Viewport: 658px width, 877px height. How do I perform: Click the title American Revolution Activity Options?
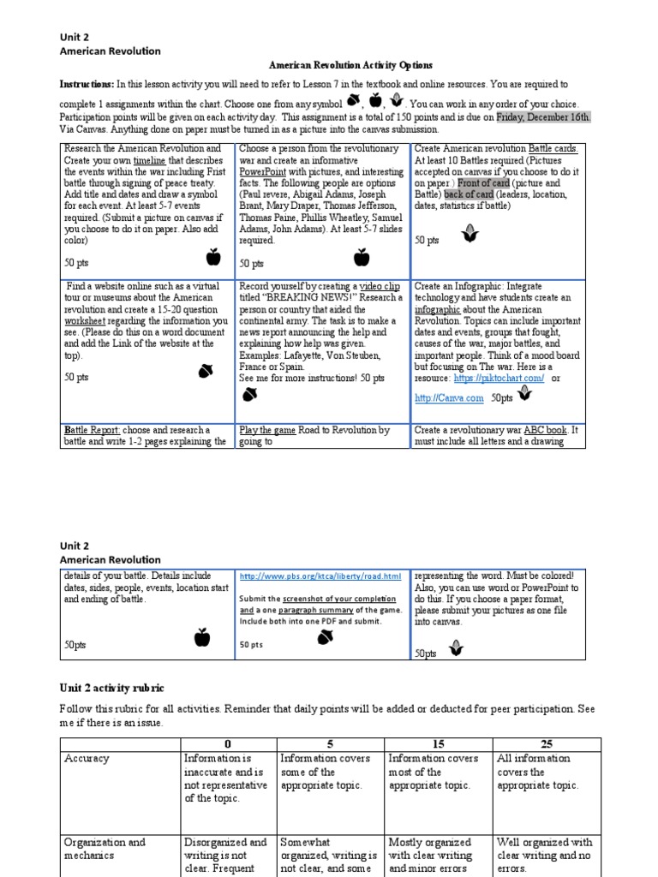point(351,65)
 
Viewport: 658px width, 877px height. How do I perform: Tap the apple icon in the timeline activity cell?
point(212,256)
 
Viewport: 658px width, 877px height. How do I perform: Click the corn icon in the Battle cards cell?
point(469,232)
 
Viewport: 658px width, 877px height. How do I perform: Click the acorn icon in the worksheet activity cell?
point(206,370)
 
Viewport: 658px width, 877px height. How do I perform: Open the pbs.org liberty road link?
point(320,576)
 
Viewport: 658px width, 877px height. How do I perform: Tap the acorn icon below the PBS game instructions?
point(326,636)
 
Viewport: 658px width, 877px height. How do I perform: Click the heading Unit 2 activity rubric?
point(111,689)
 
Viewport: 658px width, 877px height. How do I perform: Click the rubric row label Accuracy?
point(87,758)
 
